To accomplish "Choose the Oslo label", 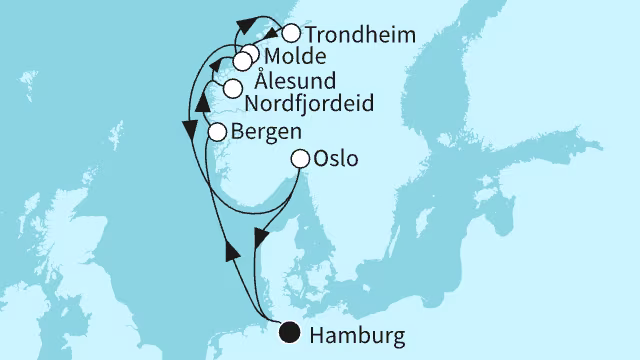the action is (x=334, y=158).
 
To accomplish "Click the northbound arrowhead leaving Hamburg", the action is (x=231, y=248).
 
